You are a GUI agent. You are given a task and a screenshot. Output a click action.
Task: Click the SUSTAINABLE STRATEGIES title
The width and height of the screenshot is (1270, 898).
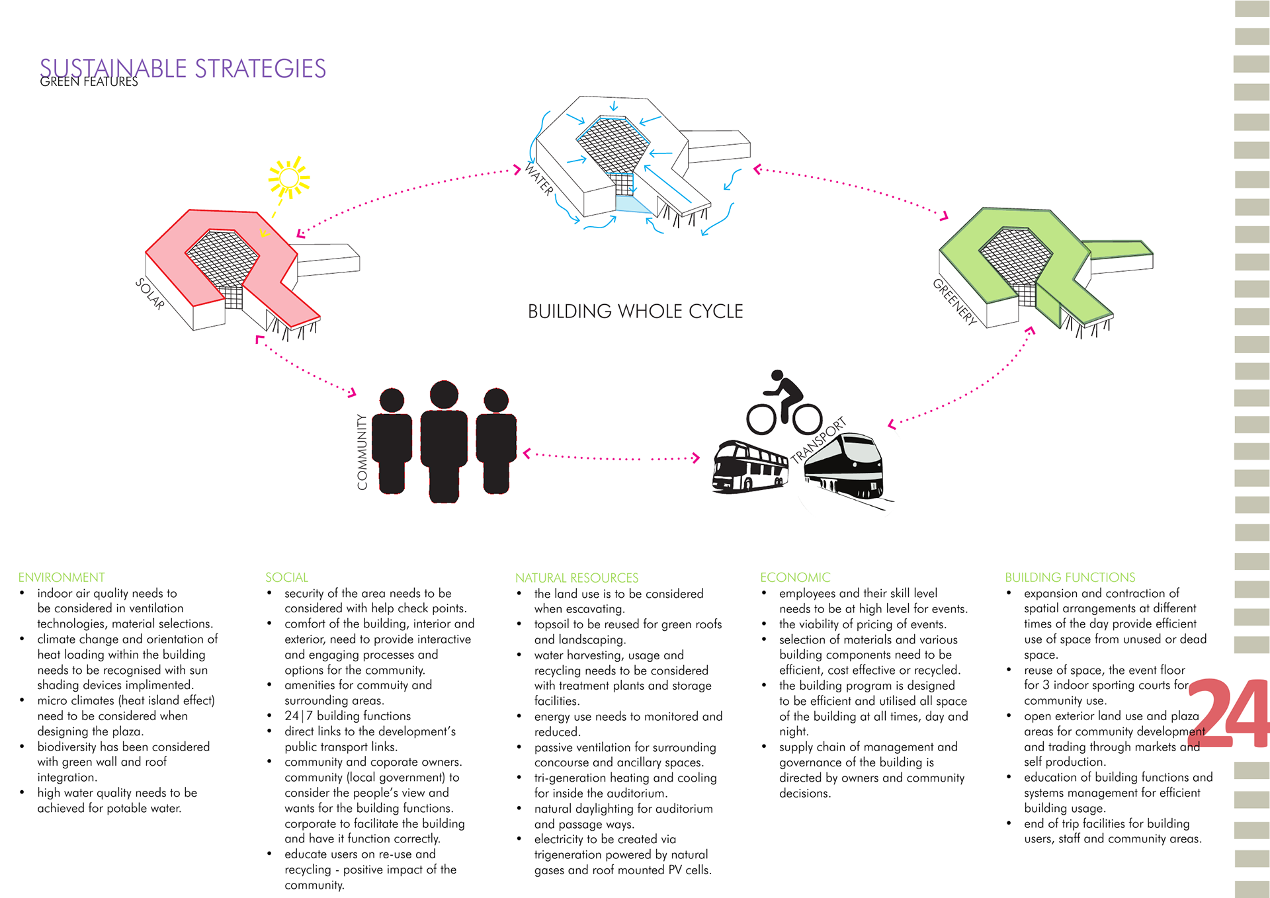click(183, 68)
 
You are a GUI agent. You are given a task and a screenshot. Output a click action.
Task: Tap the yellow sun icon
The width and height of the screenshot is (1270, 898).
click(289, 177)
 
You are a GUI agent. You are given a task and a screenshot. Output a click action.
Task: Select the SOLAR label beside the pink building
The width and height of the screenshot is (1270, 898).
click(150, 294)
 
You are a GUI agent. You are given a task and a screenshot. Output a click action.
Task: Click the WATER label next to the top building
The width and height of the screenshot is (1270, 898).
click(539, 179)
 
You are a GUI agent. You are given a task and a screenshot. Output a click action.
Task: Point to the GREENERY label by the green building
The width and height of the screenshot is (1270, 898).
click(954, 302)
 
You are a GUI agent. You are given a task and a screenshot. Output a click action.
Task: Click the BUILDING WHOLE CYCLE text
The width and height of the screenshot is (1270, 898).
click(635, 311)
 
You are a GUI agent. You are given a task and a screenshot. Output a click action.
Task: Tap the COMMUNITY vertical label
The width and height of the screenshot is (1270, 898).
click(362, 452)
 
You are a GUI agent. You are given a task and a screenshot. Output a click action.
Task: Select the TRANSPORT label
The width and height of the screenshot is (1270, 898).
click(819, 440)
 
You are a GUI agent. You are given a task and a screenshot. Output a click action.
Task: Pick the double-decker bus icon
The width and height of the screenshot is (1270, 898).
click(750, 468)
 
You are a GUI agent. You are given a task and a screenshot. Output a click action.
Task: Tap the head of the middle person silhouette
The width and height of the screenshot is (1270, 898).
click(444, 394)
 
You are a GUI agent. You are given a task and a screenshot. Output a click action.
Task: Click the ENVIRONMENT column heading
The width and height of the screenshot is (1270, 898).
click(62, 577)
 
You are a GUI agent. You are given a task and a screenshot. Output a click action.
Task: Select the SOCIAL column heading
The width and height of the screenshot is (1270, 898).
click(286, 577)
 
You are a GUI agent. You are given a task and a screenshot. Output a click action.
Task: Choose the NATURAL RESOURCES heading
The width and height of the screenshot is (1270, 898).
click(577, 578)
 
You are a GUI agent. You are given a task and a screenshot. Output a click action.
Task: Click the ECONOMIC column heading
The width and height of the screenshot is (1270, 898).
click(795, 577)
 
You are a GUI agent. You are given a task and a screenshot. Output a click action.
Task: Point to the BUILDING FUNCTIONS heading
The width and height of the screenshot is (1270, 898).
click(1070, 577)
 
